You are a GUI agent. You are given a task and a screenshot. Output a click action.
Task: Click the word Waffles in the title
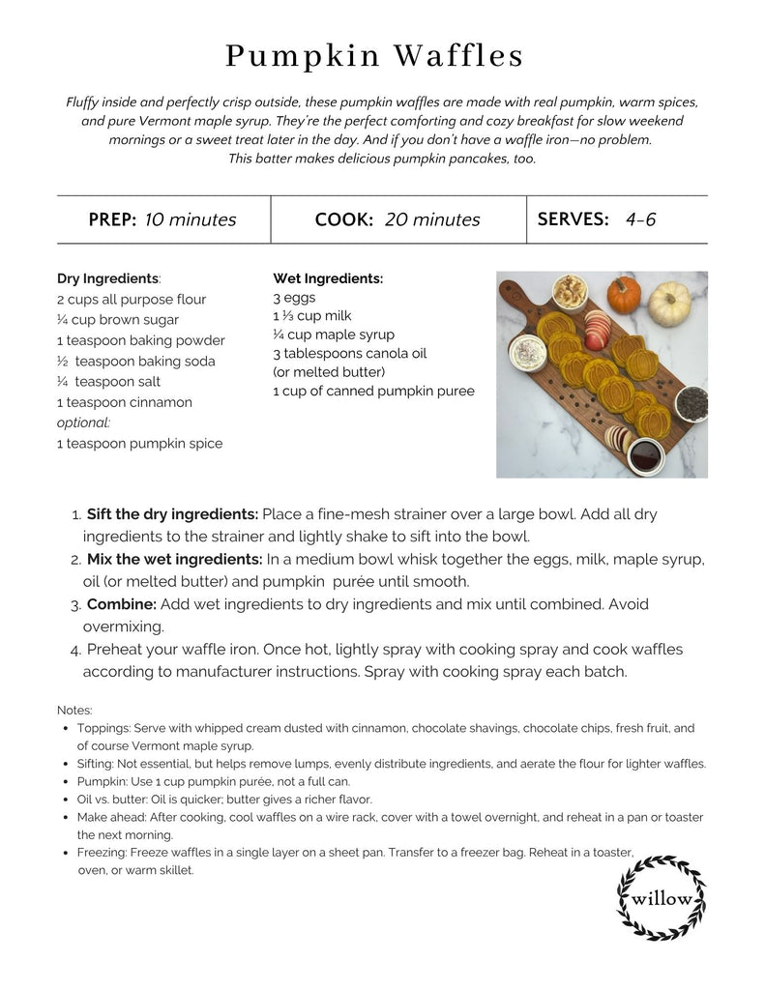[458, 56]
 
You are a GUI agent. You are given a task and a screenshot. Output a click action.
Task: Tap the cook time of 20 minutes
[432, 219]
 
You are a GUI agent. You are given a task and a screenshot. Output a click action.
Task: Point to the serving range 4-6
[640, 218]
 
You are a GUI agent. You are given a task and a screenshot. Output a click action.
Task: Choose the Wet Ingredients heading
[328, 278]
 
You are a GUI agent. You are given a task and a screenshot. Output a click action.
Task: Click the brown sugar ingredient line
[118, 320]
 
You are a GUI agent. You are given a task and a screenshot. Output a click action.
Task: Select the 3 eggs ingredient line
[294, 298]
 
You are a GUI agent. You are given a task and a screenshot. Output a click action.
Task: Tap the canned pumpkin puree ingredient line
[373, 392]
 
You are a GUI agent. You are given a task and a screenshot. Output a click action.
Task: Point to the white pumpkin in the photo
[669, 304]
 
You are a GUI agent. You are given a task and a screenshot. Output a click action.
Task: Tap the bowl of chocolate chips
[691, 401]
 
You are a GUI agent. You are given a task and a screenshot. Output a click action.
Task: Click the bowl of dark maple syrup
[646, 451]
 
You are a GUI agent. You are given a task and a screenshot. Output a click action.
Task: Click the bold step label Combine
[121, 604]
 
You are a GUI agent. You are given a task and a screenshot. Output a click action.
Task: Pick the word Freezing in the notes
[102, 853]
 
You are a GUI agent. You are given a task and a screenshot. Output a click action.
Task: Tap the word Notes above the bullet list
[74, 710]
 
